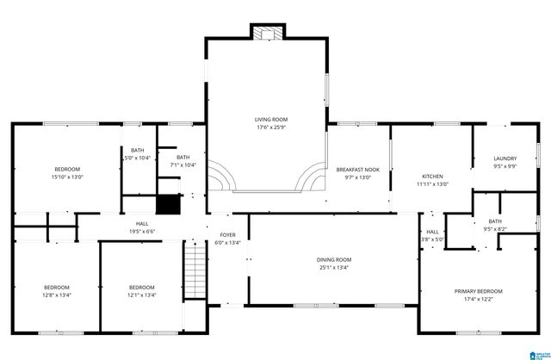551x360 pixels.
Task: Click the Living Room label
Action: [x=270, y=120]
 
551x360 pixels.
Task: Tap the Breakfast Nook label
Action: [x=357, y=170]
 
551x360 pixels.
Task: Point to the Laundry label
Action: [x=505, y=158]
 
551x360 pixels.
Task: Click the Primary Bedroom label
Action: [x=478, y=291]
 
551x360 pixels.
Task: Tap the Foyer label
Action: [x=227, y=234]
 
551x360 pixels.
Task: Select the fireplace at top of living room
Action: [x=266, y=32]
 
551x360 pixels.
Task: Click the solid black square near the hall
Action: [x=166, y=205]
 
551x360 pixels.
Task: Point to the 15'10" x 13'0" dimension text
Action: [x=67, y=177]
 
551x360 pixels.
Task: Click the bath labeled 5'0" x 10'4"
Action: [x=138, y=154]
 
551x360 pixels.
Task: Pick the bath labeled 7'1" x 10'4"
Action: [x=183, y=161]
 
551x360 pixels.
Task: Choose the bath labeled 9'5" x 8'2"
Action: [x=494, y=226]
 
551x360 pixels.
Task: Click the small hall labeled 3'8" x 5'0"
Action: [x=433, y=235]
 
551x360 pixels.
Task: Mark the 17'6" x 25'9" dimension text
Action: [x=270, y=127]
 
